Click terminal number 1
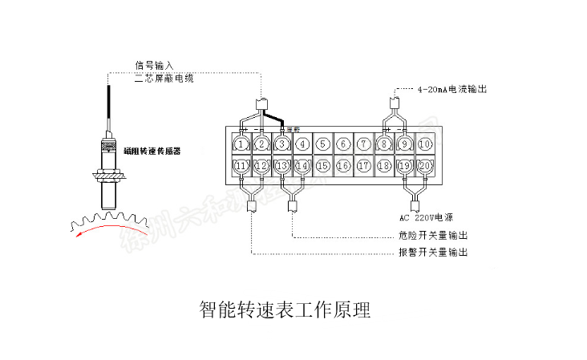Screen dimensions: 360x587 (241, 144)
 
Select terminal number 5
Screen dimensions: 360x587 (322, 144)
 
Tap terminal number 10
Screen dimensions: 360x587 (425, 144)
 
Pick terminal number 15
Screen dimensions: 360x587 (322, 166)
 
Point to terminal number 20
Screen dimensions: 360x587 (425, 166)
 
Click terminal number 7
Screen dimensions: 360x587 (363, 144)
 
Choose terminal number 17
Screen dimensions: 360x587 (363, 166)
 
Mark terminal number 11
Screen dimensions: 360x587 (241, 166)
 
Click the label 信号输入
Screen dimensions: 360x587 (153, 65)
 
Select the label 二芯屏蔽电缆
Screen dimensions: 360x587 (164, 79)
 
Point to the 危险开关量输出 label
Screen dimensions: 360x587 (433, 236)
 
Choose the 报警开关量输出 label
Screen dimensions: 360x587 (433, 253)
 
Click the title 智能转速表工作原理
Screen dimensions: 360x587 (284, 309)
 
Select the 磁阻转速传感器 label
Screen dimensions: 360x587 (154, 151)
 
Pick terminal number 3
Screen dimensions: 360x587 (282, 144)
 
